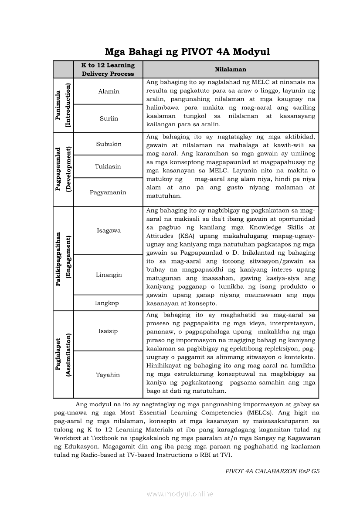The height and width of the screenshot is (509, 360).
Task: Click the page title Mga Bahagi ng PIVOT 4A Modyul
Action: [x=187, y=52]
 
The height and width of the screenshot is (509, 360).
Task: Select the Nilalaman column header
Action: [x=231, y=69]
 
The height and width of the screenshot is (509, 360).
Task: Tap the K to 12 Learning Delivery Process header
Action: [x=108, y=69]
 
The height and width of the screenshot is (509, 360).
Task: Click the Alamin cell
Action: [x=109, y=91]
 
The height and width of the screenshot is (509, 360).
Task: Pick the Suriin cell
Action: [x=109, y=118]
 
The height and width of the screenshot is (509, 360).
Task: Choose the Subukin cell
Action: [x=109, y=144]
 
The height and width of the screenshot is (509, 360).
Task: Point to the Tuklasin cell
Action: [x=108, y=166]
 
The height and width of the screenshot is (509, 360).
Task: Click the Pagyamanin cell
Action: [x=108, y=192]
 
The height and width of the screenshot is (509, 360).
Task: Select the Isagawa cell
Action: [x=109, y=230]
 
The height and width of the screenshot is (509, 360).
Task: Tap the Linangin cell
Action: [x=109, y=275]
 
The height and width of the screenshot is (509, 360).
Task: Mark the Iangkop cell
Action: [x=107, y=303]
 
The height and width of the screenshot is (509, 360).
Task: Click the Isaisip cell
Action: [x=108, y=331]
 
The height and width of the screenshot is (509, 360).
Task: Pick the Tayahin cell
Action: [x=108, y=375]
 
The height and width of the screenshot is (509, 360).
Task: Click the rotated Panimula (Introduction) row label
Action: [x=63, y=105]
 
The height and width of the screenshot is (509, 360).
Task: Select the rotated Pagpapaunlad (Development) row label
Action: [x=63, y=169]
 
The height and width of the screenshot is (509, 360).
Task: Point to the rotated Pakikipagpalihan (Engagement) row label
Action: [x=63, y=259]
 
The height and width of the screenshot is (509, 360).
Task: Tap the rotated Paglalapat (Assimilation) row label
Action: [x=63, y=354]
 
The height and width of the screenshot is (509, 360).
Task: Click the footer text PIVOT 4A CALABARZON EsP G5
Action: [x=272, y=471]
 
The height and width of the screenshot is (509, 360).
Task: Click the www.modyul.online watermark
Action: [x=180, y=494]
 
